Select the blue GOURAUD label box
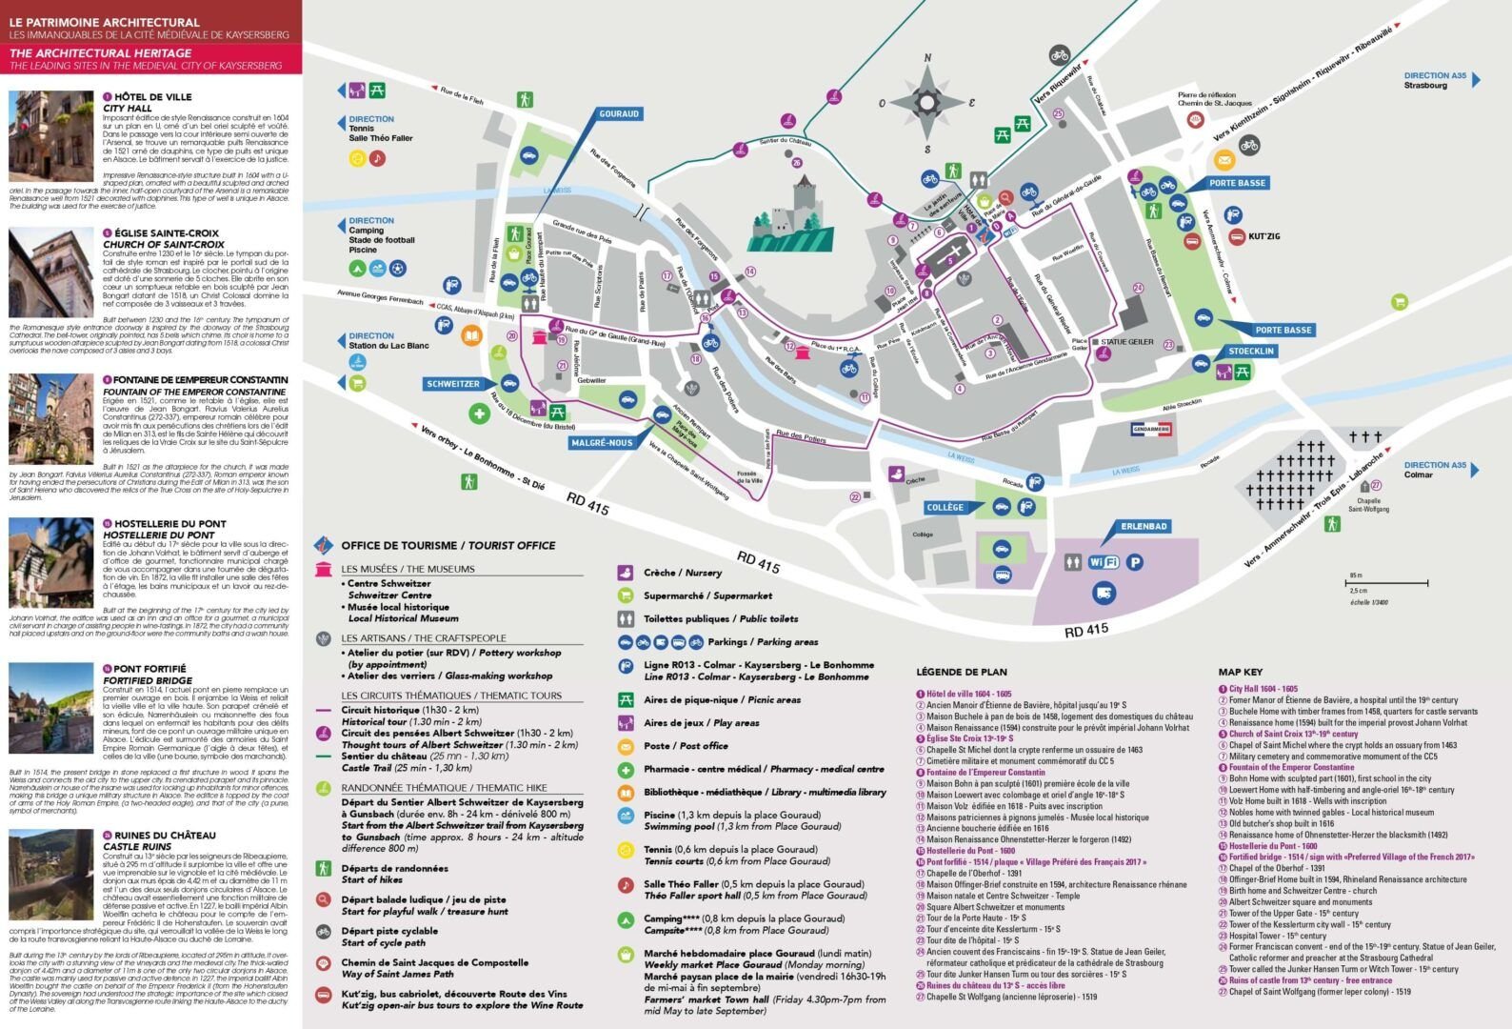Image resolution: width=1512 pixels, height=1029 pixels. [x=618, y=113]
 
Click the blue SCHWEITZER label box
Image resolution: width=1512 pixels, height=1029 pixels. [x=453, y=384]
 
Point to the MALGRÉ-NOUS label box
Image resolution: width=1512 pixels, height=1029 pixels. [x=602, y=443]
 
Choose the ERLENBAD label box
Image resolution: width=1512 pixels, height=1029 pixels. [x=1144, y=526]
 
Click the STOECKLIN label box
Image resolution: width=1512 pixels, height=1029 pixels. [x=1251, y=351]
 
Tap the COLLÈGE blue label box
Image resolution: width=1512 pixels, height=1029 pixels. [x=944, y=508]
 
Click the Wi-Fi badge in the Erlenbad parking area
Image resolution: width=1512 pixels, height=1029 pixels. [x=1103, y=563]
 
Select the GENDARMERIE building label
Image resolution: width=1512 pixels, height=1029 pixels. [x=1151, y=430]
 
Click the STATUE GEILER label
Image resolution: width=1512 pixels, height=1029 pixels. [x=1128, y=341]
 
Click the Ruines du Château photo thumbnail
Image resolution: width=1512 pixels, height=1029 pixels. [x=50, y=874]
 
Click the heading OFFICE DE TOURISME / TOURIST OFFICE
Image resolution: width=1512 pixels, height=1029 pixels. [x=448, y=546]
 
